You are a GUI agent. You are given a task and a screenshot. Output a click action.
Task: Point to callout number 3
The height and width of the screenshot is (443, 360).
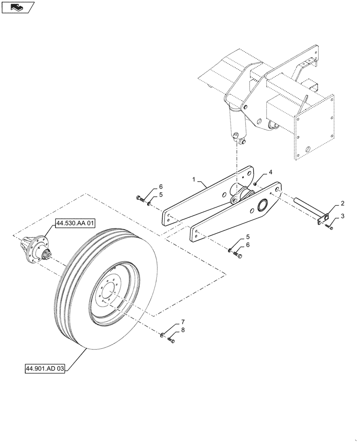[342, 216]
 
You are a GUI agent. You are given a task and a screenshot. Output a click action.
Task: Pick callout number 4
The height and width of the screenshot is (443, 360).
[270, 172]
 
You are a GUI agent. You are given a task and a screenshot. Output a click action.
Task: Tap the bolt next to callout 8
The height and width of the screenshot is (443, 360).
[172, 340]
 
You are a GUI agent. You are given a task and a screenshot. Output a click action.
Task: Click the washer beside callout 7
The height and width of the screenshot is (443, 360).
[162, 335]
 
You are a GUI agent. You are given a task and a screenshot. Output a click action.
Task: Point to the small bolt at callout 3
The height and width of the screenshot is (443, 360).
[330, 227]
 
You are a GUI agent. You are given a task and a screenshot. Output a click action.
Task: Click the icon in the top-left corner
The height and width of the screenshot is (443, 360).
[17, 7]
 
